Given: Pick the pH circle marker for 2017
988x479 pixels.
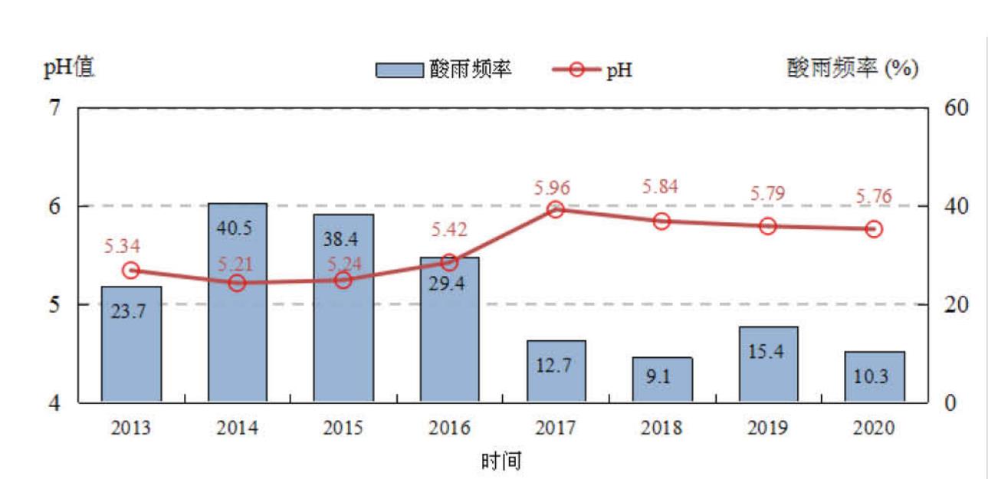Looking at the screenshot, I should (556, 209).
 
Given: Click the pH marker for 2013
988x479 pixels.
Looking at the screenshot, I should (131, 271).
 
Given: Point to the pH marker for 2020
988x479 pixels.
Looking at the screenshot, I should (874, 229).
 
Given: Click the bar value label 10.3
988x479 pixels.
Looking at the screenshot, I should (875, 377).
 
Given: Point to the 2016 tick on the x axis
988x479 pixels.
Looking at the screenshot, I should (450, 428).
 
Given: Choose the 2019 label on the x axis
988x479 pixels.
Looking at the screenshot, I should (768, 428).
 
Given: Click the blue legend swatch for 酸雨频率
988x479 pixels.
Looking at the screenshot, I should (399, 71).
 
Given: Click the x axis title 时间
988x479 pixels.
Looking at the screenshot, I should (502, 461).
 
